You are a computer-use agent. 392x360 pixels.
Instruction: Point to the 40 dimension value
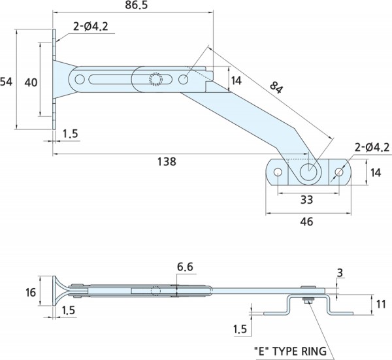click(x=31, y=81)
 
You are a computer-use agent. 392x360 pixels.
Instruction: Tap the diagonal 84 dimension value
click(x=275, y=88)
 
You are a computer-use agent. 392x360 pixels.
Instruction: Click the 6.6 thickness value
click(x=186, y=266)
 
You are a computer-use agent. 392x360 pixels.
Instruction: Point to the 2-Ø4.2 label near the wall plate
click(x=91, y=27)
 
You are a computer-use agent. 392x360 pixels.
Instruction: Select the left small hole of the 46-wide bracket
click(x=278, y=173)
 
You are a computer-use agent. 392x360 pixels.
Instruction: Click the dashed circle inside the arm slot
click(x=155, y=80)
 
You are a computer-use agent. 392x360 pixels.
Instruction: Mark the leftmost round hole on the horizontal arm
click(x=80, y=80)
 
